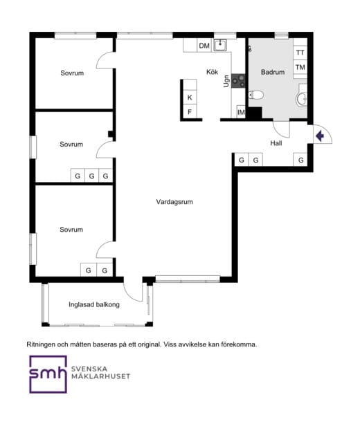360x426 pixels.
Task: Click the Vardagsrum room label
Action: click(x=174, y=202)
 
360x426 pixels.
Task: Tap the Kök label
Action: click(x=212, y=72)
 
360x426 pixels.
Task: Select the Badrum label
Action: click(x=273, y=72)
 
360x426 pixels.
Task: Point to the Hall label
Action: click(x=276, y=143)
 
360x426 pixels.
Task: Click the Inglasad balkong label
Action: click(x=94, y=304)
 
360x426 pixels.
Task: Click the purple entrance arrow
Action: click(x=320, y=136)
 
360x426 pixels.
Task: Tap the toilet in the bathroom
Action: click(x=256, y=95)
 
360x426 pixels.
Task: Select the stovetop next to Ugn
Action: click(x=238, y=81)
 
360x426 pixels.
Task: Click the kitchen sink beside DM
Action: click(x=220, y=45)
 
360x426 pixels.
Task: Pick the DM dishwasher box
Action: click(x=204, y=46)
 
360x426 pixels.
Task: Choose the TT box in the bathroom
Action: click(x=300, y=53)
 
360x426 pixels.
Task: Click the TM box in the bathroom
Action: click(x=300, y=67)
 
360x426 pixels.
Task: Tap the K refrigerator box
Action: click(x=190, y=98)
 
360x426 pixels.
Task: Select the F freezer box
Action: click(x=190, y=111)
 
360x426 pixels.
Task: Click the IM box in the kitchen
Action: click(x=241, y=111)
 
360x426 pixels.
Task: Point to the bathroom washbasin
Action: click(x=302, y=98)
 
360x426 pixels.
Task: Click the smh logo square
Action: click(x=48, y=374)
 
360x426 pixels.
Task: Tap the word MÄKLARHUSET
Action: click(x=100, y=376)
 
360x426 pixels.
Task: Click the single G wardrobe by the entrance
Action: click(x=300, y=160)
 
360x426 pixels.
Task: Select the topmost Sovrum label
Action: click(x=72, y=73)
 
